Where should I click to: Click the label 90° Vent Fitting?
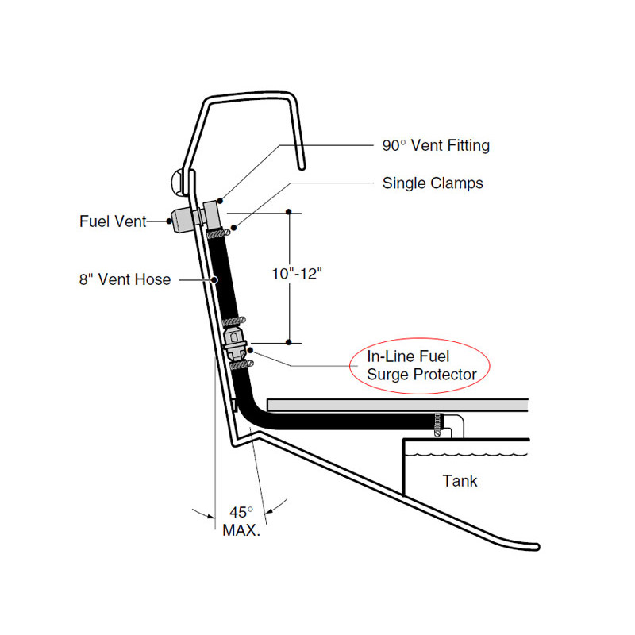[435, 145]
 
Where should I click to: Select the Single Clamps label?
[433, 183]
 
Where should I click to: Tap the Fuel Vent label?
[113, 221]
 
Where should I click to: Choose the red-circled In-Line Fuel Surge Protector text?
[421, 365]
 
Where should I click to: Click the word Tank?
[460, 480]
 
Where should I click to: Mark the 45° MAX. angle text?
[241, 521]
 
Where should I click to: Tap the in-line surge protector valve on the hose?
[236, 341]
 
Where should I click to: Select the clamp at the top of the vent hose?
[217, 233]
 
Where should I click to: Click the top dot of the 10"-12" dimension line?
[288, 212]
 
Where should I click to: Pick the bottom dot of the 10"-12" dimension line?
[288, 342]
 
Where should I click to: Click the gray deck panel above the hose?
[397, 405]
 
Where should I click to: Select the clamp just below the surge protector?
[241, 364]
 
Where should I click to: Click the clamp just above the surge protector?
[232, 321]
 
